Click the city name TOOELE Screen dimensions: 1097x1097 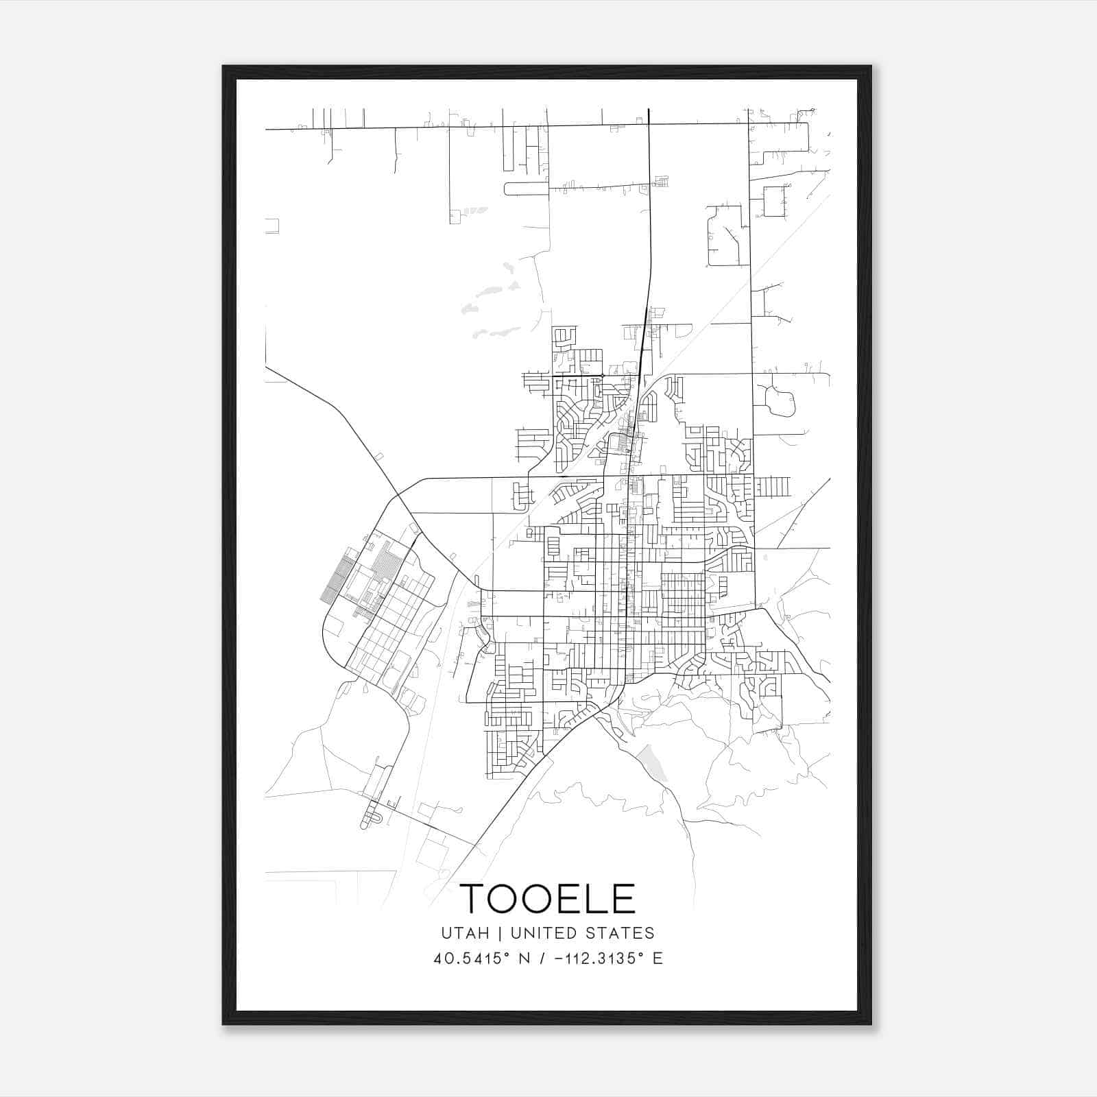(547, 898)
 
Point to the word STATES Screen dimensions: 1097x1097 (623, 933)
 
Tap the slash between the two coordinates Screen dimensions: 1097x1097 (542, 959)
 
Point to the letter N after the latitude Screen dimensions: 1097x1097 (526, 959)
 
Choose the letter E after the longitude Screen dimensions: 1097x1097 (658, 959)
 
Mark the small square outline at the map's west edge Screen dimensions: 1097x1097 (272, 226)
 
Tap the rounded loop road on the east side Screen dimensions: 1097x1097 (780, 402)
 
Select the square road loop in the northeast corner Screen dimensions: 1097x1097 (774, 202)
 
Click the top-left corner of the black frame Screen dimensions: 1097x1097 (224, 67)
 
